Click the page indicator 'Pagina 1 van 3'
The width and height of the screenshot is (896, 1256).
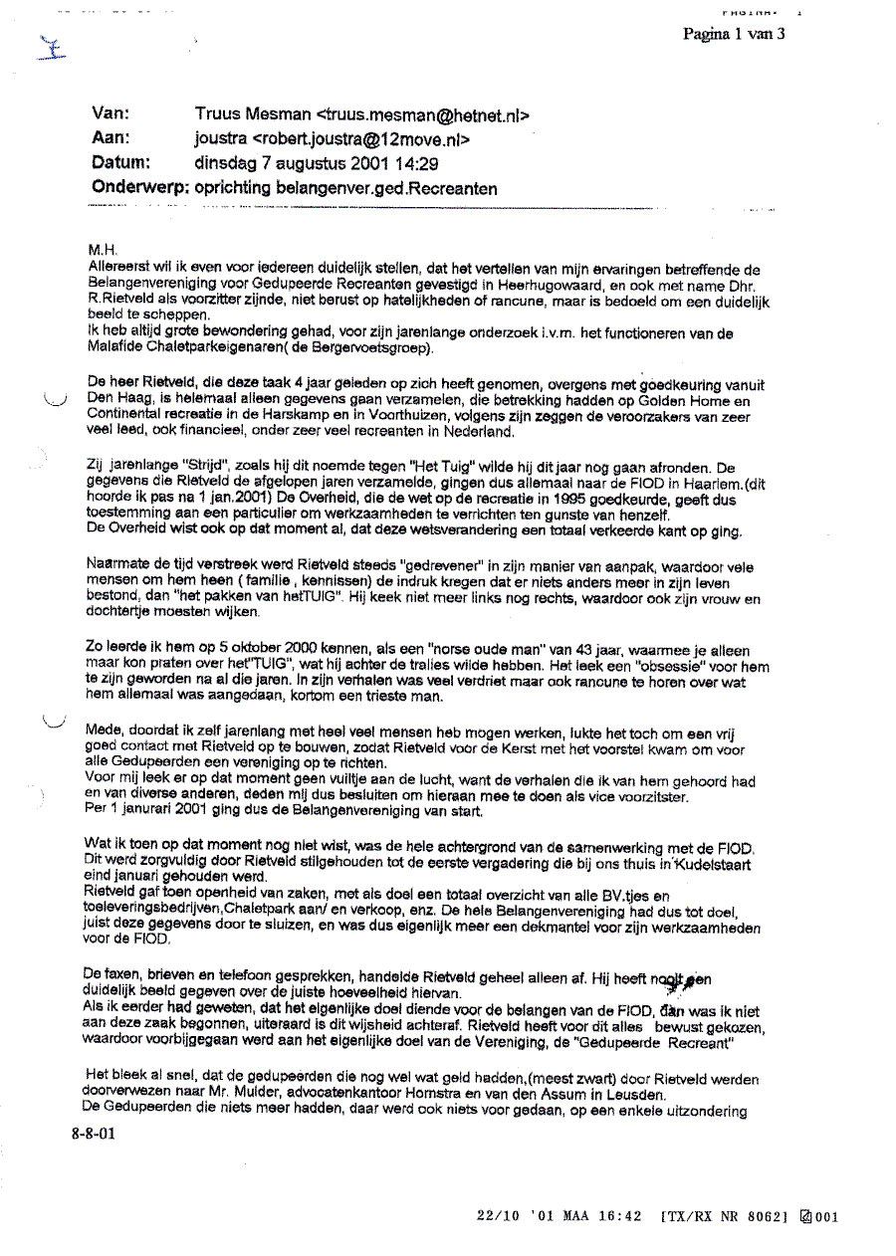click(734, 34)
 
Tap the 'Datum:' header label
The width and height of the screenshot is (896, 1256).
click(120, 163)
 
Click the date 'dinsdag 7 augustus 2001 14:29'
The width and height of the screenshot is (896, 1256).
click(316, 164)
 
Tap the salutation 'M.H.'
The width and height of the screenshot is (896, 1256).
click(102, 253)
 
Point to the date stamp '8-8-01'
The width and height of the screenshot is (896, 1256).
click(93, 1133)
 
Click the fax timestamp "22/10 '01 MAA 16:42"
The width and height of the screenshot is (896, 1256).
click(559, 1216)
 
